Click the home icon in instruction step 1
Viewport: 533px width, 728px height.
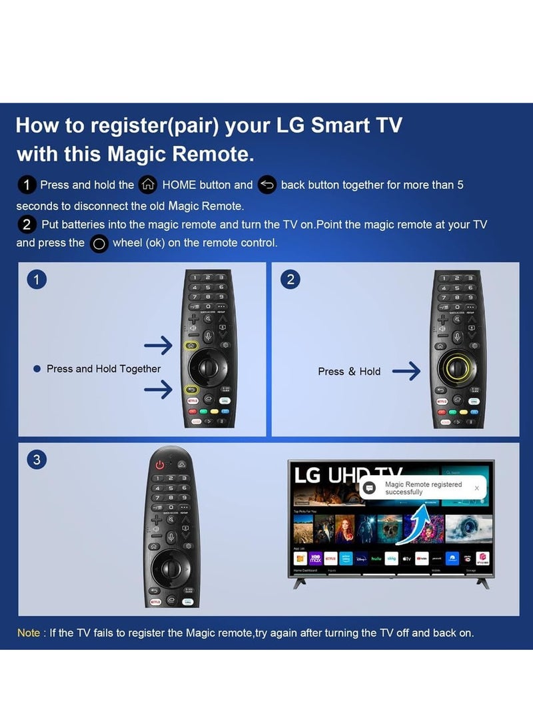pyautogui.click(x=147, y=185)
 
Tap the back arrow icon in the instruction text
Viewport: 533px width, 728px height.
pyautogui.click(x=266, y=185)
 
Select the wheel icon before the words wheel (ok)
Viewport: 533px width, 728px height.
pyautogui.click(x=99, y=244)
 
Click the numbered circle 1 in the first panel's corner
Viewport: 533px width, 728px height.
pyautogui.click(x=37, y=280)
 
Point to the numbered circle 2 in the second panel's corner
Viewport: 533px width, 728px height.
pyautogui.click(x=290, y=280)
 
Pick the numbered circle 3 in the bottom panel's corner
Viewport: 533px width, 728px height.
pyautogui.click(x=37, y=460)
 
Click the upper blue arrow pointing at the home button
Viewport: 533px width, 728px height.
pyautogui.click(x=158, y=345)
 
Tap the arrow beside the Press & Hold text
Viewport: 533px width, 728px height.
pyautogui.click(x=406, y=372)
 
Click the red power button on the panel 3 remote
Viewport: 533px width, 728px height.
pyautogui.click(x=160, y=465)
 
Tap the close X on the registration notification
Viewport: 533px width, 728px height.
pyautogui.click(x=476, y=488)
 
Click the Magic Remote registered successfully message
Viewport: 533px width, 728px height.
pyautogui.click(x=423, y=488)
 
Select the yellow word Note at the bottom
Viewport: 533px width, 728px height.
pyautogui.click(x=29, y=633)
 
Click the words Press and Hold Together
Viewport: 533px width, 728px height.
pyautogui.click(x=103, y=369)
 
